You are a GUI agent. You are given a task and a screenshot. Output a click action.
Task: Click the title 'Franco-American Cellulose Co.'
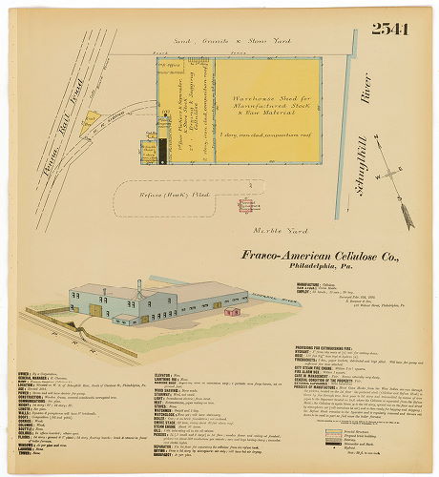tap(306, 256)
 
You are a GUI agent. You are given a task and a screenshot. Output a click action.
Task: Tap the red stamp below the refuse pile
tap(247, 204)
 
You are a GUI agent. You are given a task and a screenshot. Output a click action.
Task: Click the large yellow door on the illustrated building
tap(97, 310)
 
